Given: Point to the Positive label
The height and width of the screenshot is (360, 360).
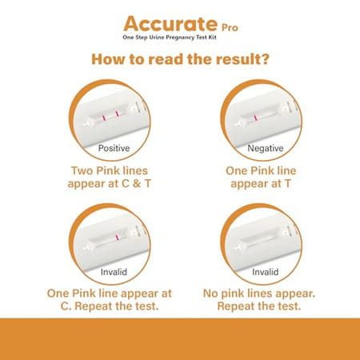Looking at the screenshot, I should [x=114, y=148].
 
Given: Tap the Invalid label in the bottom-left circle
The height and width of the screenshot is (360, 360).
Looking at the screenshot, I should [x=114, y=272].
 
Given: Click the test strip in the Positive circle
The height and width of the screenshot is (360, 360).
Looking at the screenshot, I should [x=112, y=119].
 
